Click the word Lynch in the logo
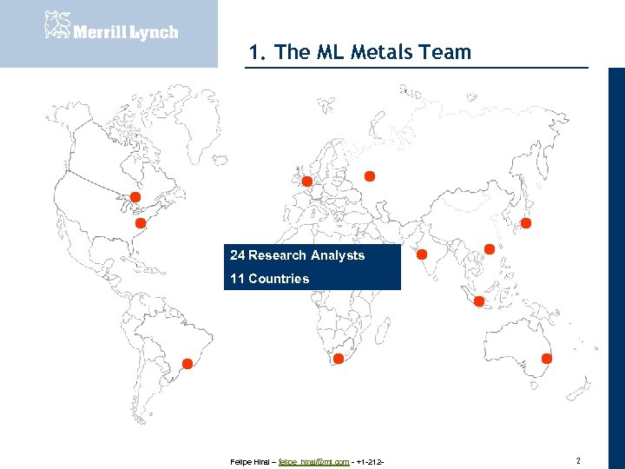(x=155, y=32)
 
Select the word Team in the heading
(x=444, y=52)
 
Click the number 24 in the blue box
(x=237, y=255)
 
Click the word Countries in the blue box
(x=279, y=279)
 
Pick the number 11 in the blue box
(x=237, y=279)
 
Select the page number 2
(x=578, y=459)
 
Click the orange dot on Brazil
(x=186, y=363)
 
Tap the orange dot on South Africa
(x=339, y=358)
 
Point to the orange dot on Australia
(x=547, y=358)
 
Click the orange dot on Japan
(x=526, y=223)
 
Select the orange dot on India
(x=422, y=254)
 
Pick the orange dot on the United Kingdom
(x=306, y=181)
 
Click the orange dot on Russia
(x=369, y=176)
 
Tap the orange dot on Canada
(x=135, y=197)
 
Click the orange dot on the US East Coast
(x=139, y=222)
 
